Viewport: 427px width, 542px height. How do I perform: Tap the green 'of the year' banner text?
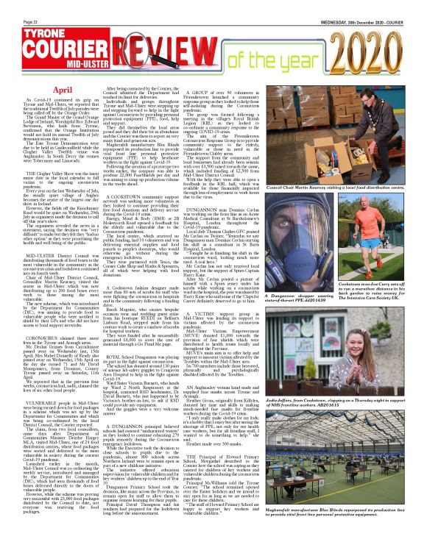283,58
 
